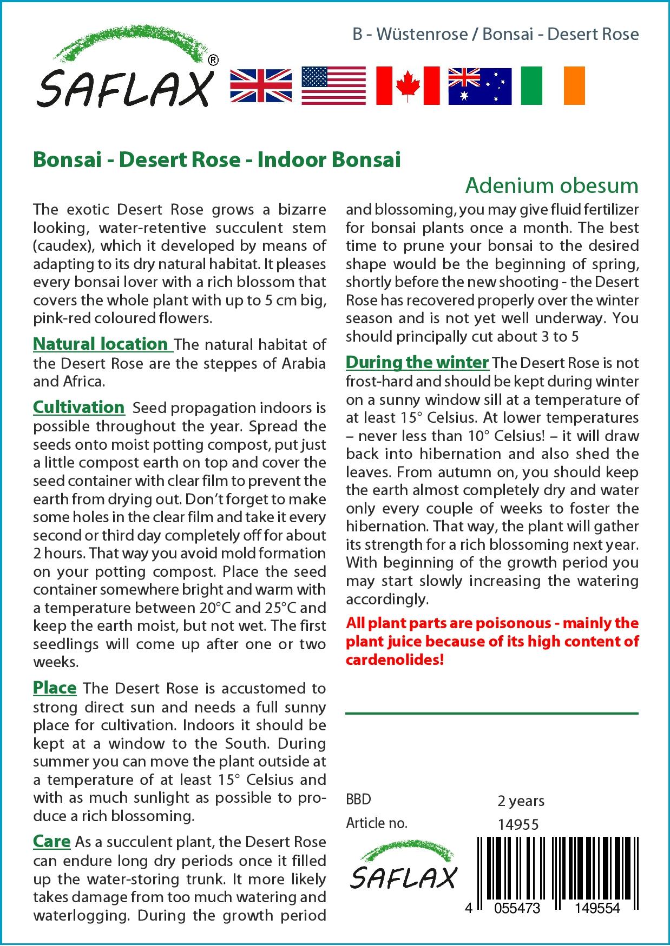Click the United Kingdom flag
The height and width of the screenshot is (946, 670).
pyautogui.click(x=261, y=85)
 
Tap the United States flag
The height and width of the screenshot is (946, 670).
pyautogui.click(x=333, y=85)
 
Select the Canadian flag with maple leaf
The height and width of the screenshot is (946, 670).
pyautogui.click(x=408, y=85)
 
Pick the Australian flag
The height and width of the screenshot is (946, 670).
pyautogui.click(x=479, y=86)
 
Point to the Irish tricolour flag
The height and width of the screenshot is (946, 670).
pyautogui.click(x=553, y=85)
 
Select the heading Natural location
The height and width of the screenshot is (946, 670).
pyautogui.click(x=101, y=344)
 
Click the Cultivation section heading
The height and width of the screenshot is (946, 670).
pyautogui.click(x=79, y=407)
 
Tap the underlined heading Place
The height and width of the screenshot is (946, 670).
pyautogui.click(x=55, y=688)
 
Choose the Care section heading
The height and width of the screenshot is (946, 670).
pyautogui.click(x=52, y=841)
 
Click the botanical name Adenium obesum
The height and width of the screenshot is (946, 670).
pyautogui.click(x=551, y=186)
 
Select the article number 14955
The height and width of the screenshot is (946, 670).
pyautogui.click(x=518, y=824)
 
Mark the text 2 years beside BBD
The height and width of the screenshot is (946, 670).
pyautogui.click(x=521, y=801)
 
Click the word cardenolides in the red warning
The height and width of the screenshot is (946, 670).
pyautogui.click(x=395, y=660)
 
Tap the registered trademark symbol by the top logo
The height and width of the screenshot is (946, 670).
pyautogui.click(x=213, y=61)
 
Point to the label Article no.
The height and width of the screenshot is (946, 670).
pyautogui.click(x=376, y=823)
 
